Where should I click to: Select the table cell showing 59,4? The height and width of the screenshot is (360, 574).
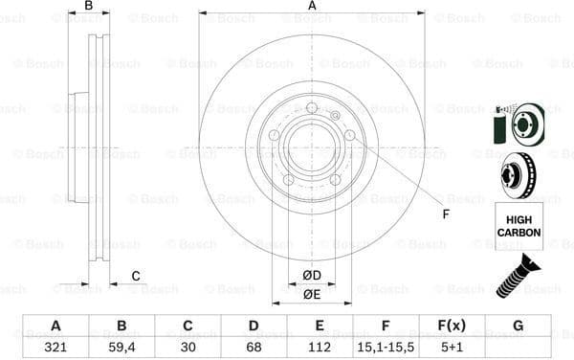tap(121, 349)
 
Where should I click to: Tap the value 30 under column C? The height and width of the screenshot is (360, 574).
tap(188, 349)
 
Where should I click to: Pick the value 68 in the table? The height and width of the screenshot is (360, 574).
tap(254, 349)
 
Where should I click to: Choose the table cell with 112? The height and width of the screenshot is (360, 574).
tap(320, 349)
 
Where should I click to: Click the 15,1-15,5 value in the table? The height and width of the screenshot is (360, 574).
tap(386, 349)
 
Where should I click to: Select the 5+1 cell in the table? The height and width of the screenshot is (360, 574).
tap(452, 349)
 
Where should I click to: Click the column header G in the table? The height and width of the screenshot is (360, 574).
tap(518, 326)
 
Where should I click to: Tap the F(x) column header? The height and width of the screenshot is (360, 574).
tap(452, 326)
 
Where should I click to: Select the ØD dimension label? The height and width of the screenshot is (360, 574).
tap(312, 276)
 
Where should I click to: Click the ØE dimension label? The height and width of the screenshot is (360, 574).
tap(312, 295)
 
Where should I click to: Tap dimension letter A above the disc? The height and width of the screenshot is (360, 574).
tap(312, 7)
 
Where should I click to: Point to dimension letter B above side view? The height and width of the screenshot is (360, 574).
tap(89, 7)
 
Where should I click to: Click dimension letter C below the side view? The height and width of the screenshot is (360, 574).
tap(136, 277)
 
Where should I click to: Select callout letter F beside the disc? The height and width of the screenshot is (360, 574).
tap(446, 213)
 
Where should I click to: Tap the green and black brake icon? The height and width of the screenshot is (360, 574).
tap(517, 124)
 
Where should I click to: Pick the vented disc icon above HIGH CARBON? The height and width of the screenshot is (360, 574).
tap(518, 175)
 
